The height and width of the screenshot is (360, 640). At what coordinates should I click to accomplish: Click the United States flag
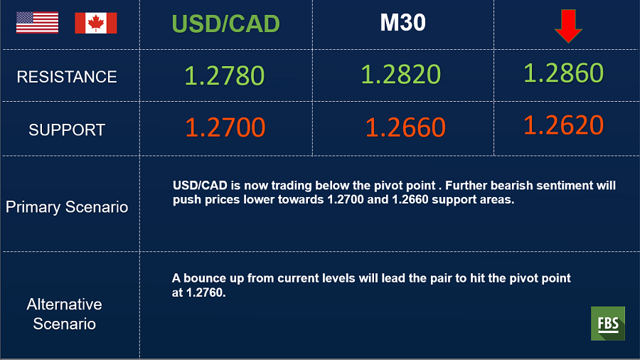coord(37,23)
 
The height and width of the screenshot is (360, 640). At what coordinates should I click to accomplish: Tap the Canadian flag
coord(96,23)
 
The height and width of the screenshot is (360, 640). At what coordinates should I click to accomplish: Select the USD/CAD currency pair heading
coord(225,23)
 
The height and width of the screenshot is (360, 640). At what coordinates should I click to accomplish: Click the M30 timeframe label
coord(403,23)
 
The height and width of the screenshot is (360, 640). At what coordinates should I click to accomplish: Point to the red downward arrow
coord(568,26)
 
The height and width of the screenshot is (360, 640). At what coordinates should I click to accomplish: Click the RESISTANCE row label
coord(67,77)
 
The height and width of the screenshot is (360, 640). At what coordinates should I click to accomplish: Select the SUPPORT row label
coord(67,129)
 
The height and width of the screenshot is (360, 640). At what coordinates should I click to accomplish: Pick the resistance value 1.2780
coord(225,75)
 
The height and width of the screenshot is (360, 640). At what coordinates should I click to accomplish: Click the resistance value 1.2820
coord(401,74)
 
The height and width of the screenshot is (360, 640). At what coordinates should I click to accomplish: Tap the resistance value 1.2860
coord(563,73)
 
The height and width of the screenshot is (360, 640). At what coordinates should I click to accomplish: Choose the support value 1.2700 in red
coord(225,127)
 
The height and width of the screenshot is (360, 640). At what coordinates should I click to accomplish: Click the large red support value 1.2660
coord(405,127)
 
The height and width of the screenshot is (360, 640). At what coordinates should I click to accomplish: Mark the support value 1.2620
coord(563,125)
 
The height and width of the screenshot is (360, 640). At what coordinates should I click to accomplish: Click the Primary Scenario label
coord(67,207)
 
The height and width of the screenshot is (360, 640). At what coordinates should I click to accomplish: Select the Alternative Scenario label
coord(65,314)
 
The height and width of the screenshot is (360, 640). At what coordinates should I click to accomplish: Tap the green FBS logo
coord(608,323)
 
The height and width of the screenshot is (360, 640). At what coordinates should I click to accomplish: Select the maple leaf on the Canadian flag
coord(96,23)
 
